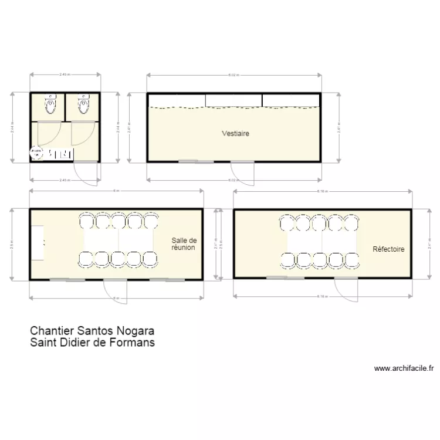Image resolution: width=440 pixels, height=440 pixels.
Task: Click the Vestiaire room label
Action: click(236, 134)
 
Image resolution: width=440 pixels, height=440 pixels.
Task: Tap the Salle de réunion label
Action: click(183, 244)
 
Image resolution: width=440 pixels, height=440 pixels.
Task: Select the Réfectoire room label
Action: click(388, 249)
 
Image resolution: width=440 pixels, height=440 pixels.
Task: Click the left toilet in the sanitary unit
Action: click(50, 106)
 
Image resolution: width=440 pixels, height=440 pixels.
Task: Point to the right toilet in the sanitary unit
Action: click(84, 106)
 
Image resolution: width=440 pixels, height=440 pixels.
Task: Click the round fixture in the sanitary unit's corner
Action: click(37, 153)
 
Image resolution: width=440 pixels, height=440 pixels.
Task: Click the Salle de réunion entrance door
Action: click(112, 290)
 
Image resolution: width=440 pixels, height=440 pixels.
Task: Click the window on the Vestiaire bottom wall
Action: click(188, 161)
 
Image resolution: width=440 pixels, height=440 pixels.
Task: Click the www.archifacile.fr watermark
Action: click(404, 369)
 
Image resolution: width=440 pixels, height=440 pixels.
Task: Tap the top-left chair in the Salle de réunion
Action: click(86, 222)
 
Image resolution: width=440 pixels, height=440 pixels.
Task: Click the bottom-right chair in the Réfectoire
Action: click(352, 259)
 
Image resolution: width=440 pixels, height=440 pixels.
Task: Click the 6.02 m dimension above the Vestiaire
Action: click(233, 75)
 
